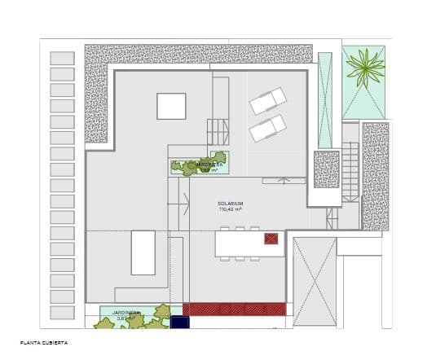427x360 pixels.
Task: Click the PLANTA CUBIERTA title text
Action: [44, 344]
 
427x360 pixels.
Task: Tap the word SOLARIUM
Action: [231, 204]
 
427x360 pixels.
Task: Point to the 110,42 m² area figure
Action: [231, 210]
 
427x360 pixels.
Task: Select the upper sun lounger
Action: [268, 102]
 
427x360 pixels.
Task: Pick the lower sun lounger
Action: [266, 128]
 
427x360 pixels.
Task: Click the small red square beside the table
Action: [271, 239]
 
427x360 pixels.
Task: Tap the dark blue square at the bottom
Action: [180, 323]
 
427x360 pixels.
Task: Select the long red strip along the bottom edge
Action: [234, 309]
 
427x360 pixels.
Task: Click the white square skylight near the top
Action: [171, 106]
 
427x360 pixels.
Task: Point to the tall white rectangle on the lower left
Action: [143, 252]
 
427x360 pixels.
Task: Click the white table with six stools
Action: [239, 244]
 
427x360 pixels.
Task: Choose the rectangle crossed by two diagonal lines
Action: [315, 282]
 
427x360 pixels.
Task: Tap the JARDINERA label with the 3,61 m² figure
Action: [127, 314]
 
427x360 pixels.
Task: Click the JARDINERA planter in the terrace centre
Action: [200, 164]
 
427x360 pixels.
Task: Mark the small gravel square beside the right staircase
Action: [326, 169]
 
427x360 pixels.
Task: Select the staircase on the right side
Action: [350, 172]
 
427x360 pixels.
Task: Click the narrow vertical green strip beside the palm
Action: [325, 100]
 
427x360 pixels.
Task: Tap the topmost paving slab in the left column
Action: [62, 59]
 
